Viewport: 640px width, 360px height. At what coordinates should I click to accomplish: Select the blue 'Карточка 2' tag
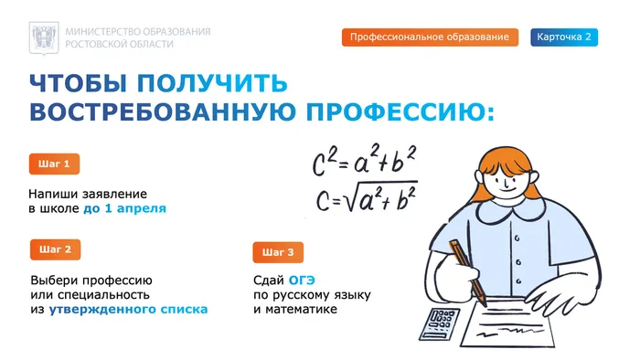[564, 37]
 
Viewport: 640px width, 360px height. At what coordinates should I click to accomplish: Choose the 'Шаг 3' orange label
[278, 252]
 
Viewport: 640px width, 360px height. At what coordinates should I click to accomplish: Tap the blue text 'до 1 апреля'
[124, 209]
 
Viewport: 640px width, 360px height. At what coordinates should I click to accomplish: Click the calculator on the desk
[437, 323]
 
